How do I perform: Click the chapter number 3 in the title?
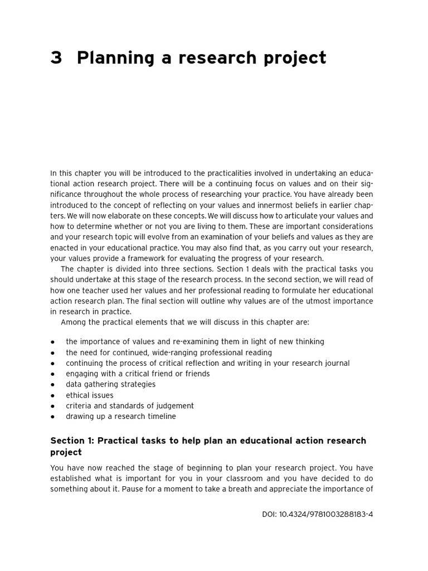pos(56,58)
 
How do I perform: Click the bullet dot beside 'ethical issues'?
pos(52,395)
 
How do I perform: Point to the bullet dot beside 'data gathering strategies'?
pos(52,385)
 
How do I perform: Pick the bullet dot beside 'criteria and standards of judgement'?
pos(52,406)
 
